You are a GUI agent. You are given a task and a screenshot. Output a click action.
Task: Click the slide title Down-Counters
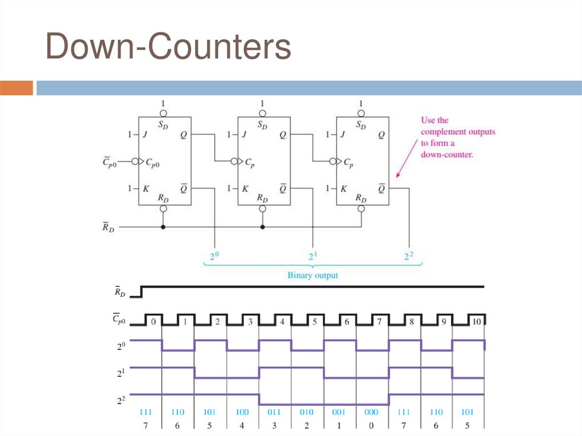click(x=168, y=47)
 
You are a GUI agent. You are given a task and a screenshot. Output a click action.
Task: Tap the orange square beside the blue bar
click(x=17, y=88)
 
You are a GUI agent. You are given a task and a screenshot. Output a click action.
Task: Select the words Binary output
click(x=313, y=275)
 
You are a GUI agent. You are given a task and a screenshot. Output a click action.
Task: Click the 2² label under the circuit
click(x=408, y=257)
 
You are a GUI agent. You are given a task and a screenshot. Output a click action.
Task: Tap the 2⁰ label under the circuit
click(x=215, y=257)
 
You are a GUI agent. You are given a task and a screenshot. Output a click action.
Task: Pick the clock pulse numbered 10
click(x=476, y=321)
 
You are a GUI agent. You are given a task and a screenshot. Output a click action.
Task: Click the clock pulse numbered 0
click(x=153, y=321)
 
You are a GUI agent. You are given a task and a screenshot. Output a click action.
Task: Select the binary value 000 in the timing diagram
click(x=372, y=412)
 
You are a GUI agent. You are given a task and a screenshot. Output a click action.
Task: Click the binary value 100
click(x=242, y=412)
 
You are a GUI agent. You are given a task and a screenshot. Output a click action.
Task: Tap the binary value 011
click(x=275, y=412)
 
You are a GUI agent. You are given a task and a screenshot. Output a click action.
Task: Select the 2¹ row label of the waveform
click(x=120, y=372)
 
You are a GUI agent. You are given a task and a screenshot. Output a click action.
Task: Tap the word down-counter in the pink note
click(x=447, y=154)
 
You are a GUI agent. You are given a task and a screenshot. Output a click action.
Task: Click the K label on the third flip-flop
click(x=344, y=188)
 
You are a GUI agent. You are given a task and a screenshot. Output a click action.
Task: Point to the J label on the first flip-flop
click(x=146, y=135)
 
